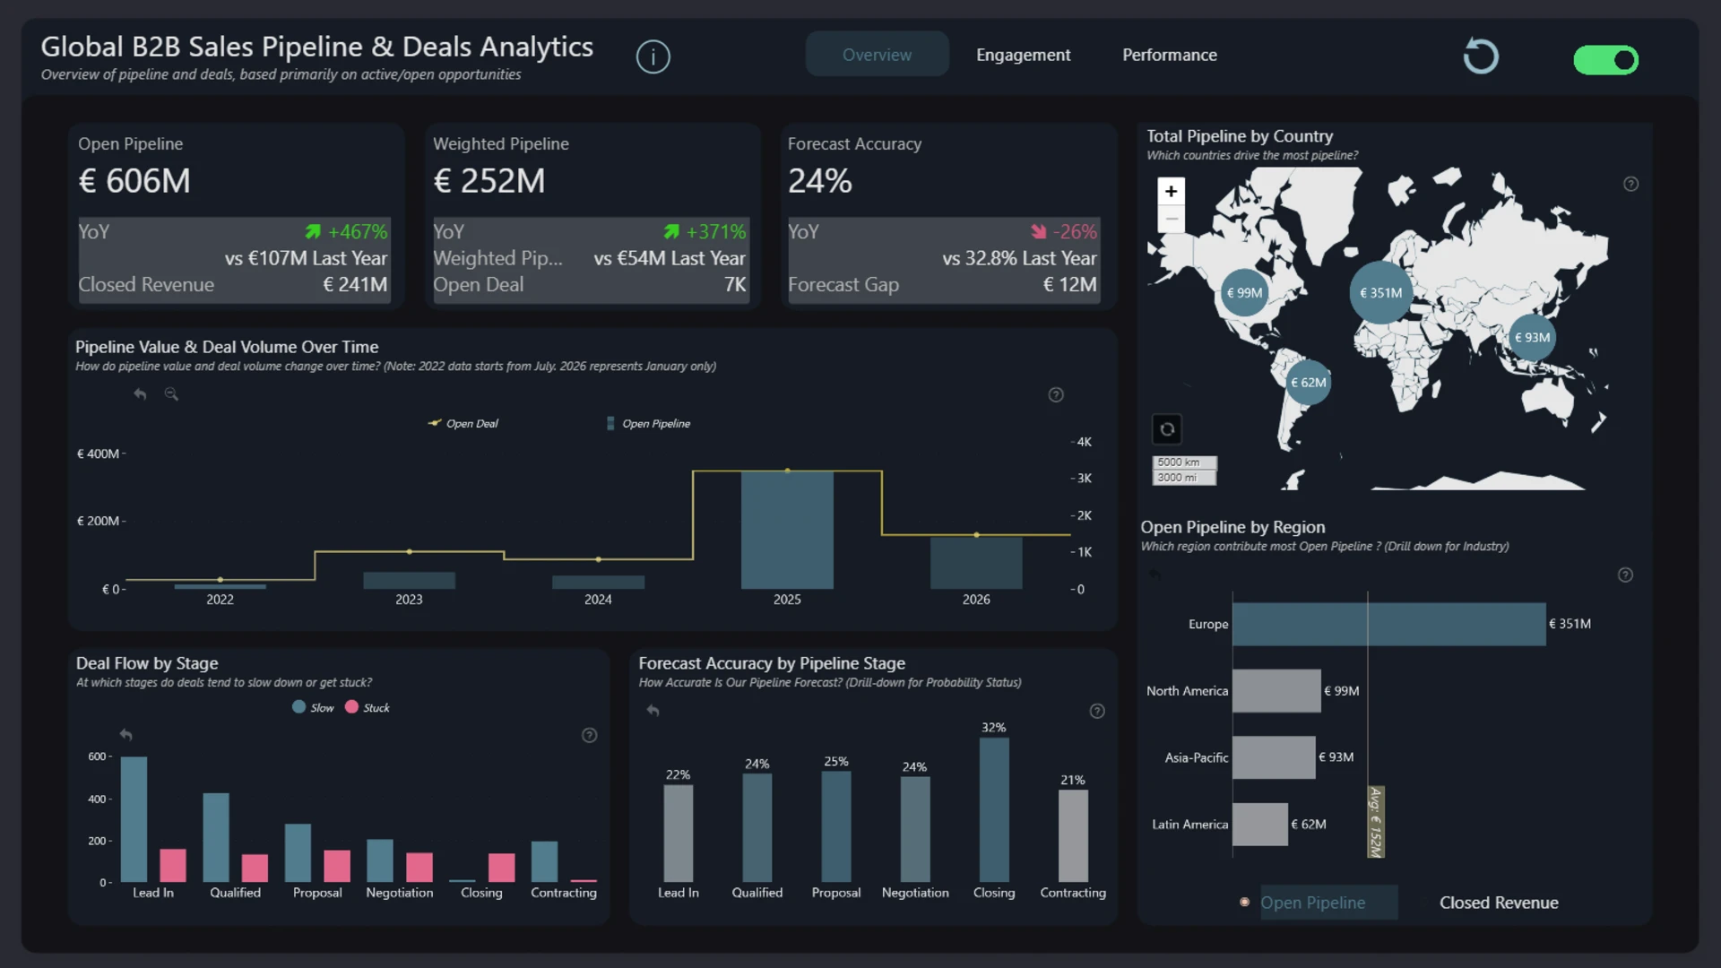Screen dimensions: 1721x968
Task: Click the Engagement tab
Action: (x=1023, y=55)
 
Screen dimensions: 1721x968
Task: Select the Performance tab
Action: (x=1170, y=55)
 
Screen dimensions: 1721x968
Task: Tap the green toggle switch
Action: (x=1605, y=60)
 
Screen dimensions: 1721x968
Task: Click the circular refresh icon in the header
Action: (x=1481, y=56)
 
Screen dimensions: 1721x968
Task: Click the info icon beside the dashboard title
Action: (x=653, y=57)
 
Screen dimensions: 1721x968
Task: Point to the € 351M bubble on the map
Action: (x=1380, y=292)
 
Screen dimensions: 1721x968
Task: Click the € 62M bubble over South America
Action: (x=1308, y=383)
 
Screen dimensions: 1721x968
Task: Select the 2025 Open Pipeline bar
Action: (x=787, y=530)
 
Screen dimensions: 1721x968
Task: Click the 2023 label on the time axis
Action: (x=409, y=600)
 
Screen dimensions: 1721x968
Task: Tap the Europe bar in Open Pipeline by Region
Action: (x=1388, y=624)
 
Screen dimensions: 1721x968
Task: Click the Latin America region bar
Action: (x=1259, y=825)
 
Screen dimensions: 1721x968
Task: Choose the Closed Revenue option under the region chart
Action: (x=1499, y=903)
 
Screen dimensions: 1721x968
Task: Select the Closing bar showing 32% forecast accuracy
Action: (x=994, y=809)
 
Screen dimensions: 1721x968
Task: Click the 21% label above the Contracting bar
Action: (x=1073, y=780)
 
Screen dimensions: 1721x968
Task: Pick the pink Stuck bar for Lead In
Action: (x=173, y=866)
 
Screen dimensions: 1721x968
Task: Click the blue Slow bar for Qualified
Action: (x=216, y=837)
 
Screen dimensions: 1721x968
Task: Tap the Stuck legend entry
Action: (x=368, y=707)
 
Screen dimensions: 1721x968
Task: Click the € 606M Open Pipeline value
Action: (x=134, y=181)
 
